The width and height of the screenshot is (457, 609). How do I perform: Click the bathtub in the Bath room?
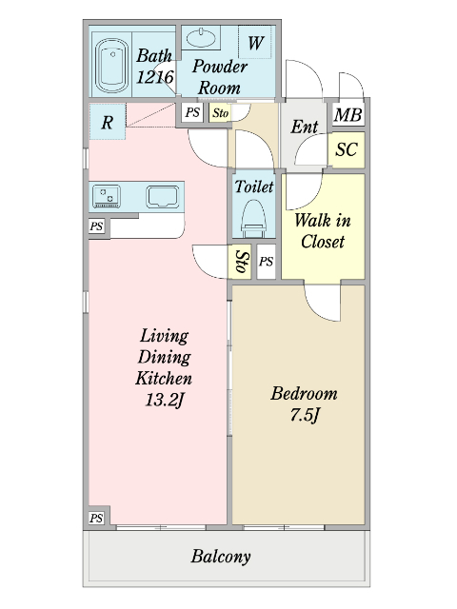coord(112,65)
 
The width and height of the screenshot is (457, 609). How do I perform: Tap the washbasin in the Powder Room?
coord(201,38)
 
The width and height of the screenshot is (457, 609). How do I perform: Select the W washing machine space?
coord(255,42)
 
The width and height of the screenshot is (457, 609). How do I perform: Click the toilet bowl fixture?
coord(254,218)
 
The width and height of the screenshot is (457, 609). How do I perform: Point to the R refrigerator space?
coord(108,122)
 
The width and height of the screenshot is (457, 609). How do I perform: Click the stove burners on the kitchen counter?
coord(106,197)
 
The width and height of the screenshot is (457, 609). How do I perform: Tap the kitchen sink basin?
coord(163,197)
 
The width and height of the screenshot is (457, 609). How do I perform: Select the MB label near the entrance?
coord(348,115)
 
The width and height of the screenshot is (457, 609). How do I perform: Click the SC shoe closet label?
coord(347,149)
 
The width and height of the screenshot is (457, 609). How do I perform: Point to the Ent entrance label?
coord(305,127)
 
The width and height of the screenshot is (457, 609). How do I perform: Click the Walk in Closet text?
coord(323,230)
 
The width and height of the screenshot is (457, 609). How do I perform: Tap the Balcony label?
coord(220,557)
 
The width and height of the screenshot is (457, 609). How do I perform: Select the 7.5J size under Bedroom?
coord(305,415)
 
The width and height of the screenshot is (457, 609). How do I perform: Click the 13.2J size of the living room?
coord(164,400)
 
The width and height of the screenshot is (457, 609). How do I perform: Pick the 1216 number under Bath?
coord(154,77)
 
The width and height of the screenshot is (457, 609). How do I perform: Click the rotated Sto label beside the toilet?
coord(243,262)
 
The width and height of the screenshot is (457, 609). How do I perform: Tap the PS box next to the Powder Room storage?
coord(192,112)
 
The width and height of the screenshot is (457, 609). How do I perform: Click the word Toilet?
coord(254,187)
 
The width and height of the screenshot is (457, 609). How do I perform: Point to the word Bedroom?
coord(304,393)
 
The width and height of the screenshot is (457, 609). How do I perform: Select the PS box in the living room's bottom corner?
coord(96,518)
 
